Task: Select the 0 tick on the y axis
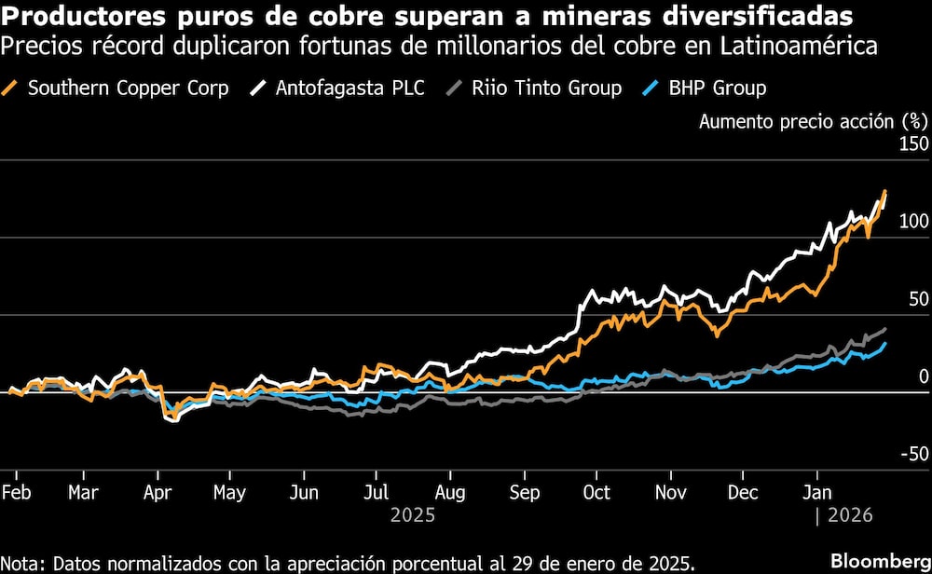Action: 924,376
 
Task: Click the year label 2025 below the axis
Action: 412,514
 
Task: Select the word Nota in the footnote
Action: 22,563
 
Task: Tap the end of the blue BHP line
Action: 885,343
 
